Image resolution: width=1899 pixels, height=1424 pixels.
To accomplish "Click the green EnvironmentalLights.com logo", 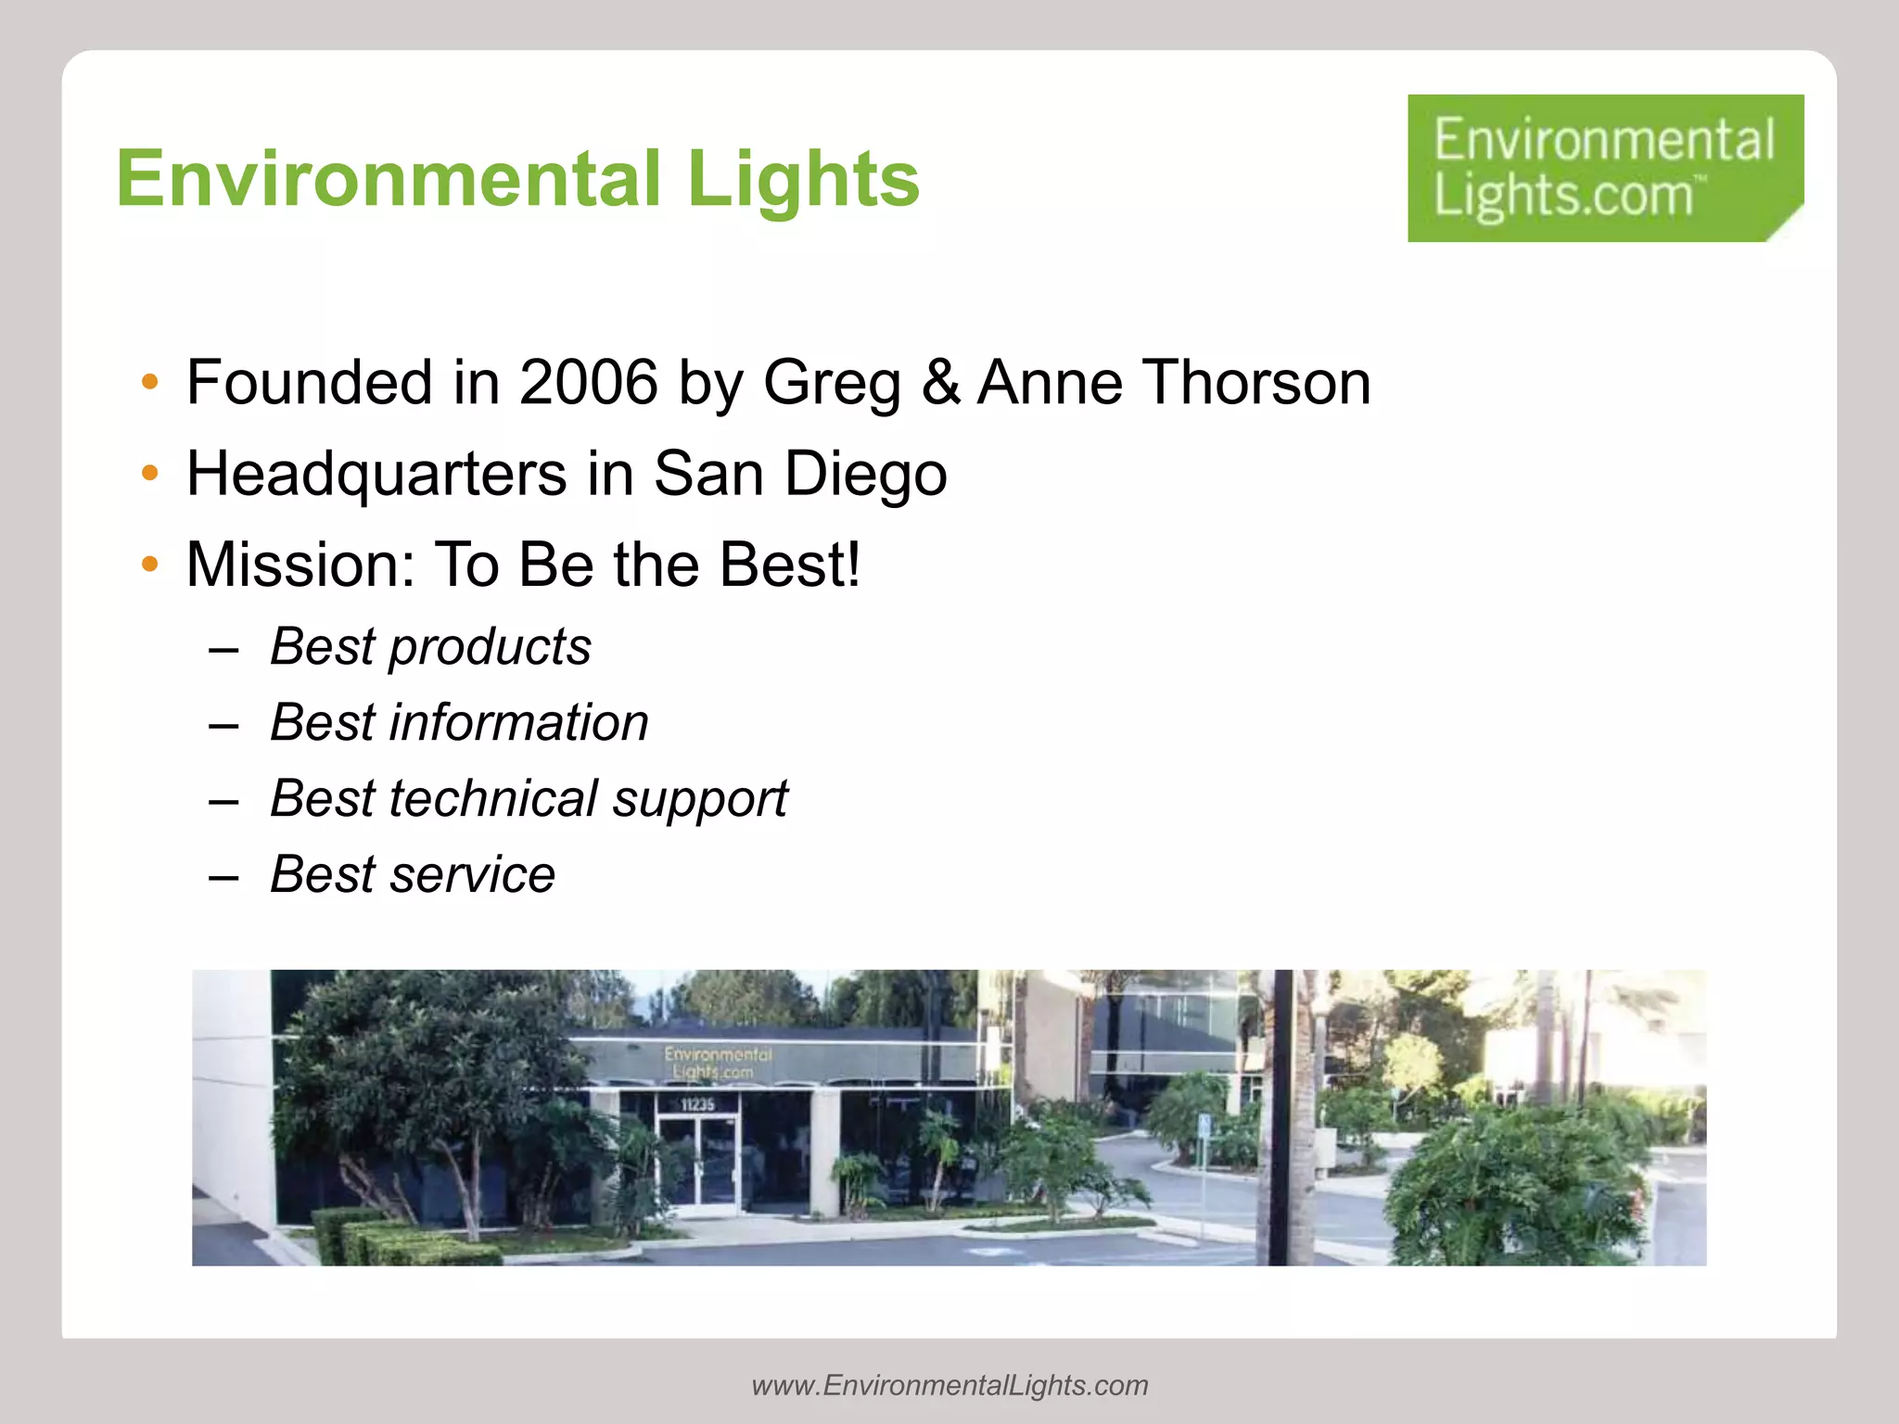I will [x=1604, y=168].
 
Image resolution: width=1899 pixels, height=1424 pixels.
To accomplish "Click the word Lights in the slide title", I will [x=803, y=179].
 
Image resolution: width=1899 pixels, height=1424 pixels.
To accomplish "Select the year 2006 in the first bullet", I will [x=588, y=382].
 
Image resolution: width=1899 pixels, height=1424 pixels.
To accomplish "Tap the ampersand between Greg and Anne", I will [x=940, y=382].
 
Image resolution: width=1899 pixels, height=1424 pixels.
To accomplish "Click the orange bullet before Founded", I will [x=150, y=382].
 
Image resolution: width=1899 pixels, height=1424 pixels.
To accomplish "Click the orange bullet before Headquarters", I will [x=150, y=474].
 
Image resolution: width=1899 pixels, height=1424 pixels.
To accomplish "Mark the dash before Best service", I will [x=223, y=876].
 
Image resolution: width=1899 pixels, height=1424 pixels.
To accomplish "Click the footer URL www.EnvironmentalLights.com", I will [x=949, y=1385].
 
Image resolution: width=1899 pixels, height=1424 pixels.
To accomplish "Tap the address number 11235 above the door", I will [x=697, y=1104].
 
